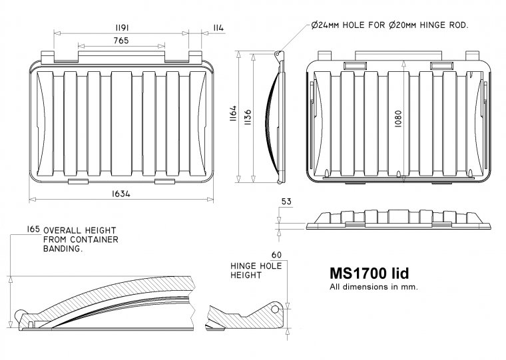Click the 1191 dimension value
point(121,27)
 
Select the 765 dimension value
point(121,41)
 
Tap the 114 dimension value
point(218,27)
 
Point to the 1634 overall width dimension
point(121,194)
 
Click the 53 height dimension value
point(287,202)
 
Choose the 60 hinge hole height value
point(277,255)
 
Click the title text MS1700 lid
point(369,273)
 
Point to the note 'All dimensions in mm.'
point(374,287)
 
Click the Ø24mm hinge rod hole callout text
point(390,25)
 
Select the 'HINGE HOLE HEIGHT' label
point(256,270)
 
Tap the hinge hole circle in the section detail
point(274,308)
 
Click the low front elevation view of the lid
point(399,220)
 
